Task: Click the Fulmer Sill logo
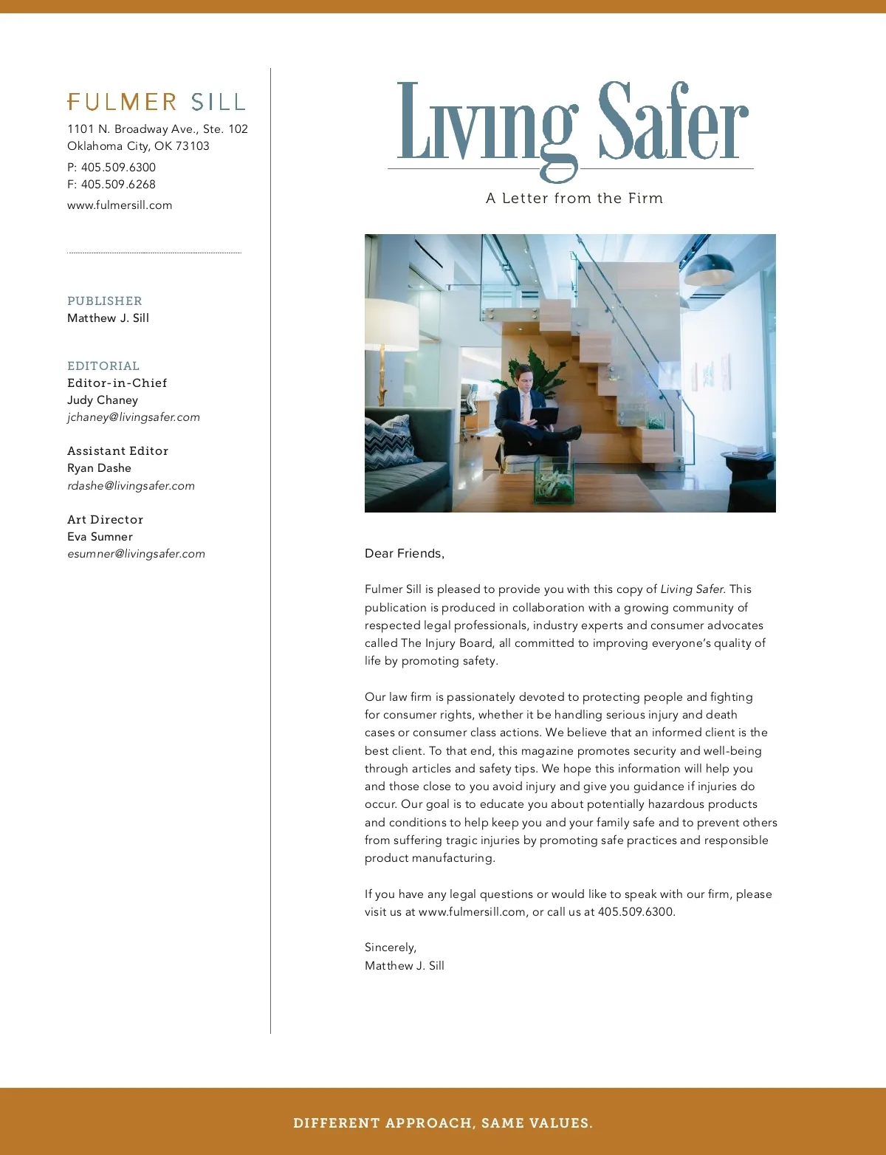[156, 102]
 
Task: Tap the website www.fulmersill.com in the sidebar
[120, 205]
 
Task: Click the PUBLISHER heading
[105, 301]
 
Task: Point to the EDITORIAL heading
[103, 366]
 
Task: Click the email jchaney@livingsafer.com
[134, 417]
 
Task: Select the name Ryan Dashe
[99, 468]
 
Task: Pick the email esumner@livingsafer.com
[136, 554]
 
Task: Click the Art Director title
[105, 520]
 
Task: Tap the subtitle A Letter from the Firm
[574, 199]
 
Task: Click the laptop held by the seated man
[543, 417]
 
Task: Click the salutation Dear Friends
[405, 554]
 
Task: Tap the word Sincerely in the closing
[391, 947]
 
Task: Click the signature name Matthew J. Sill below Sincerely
[405, 966]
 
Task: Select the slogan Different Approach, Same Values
[443, 1123]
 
